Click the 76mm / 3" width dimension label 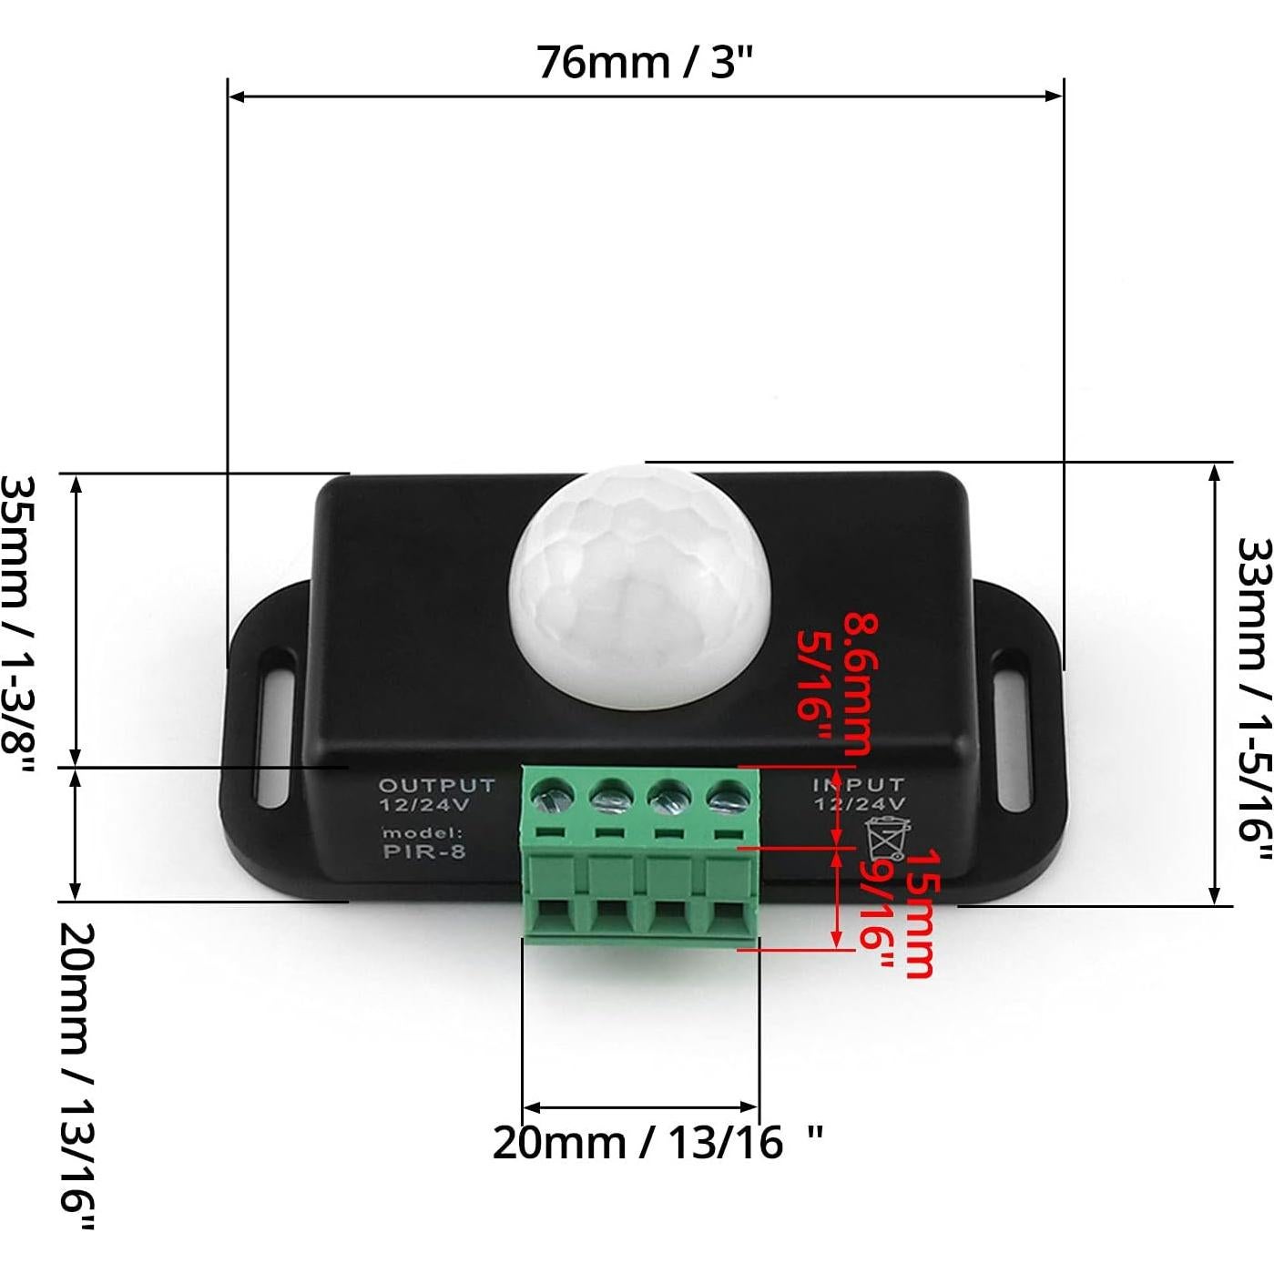[x=645, y=62]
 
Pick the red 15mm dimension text [x=917, y=913]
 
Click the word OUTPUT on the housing [x=437, y=785]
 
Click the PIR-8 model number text [x=424, y=851]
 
